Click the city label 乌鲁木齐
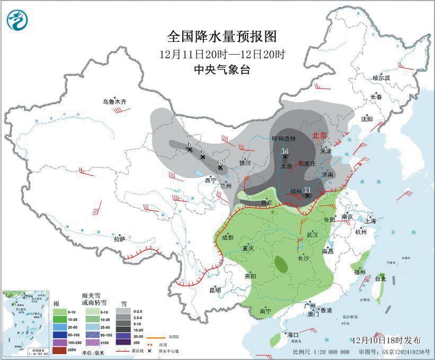click(x=115, y=101)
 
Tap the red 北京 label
click(x=320, y=135)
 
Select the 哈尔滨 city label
click(x=380, y=77)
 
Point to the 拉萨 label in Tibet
click(x=119, y=239)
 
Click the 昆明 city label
click(x=215, y=289)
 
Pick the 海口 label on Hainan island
click(x=292, y=335)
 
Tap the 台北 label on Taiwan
click(x=380, y=278)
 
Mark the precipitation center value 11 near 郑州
click(x=307, y=189)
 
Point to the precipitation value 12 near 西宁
click(x=221, y=162)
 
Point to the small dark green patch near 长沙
click(x=282, y=262)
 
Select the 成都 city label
click(x=227, y=238)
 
